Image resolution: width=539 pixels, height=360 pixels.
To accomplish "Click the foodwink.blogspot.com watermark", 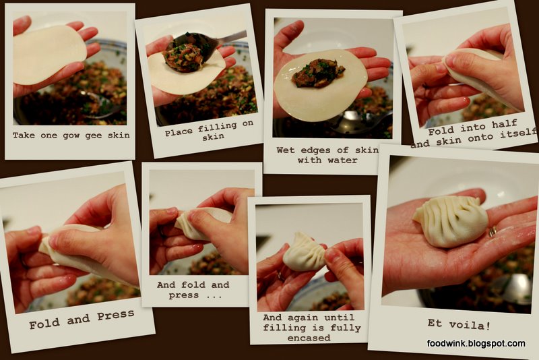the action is [476, 343].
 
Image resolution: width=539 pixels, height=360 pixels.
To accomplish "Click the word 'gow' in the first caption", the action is [71, 136].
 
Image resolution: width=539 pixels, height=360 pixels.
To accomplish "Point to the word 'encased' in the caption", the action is [309, 338].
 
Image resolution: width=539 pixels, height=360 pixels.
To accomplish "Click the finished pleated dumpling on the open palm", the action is [451, 221].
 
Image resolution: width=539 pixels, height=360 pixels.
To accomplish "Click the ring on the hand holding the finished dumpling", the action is [493, 231].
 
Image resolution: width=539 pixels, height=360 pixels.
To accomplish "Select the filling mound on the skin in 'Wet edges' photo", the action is [318, 73].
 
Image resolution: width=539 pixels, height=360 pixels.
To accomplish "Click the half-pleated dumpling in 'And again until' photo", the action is [305, 252].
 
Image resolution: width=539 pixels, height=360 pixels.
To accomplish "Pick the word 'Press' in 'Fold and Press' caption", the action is [116, 315].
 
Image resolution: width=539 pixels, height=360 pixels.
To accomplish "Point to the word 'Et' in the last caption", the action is [434, 323].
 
